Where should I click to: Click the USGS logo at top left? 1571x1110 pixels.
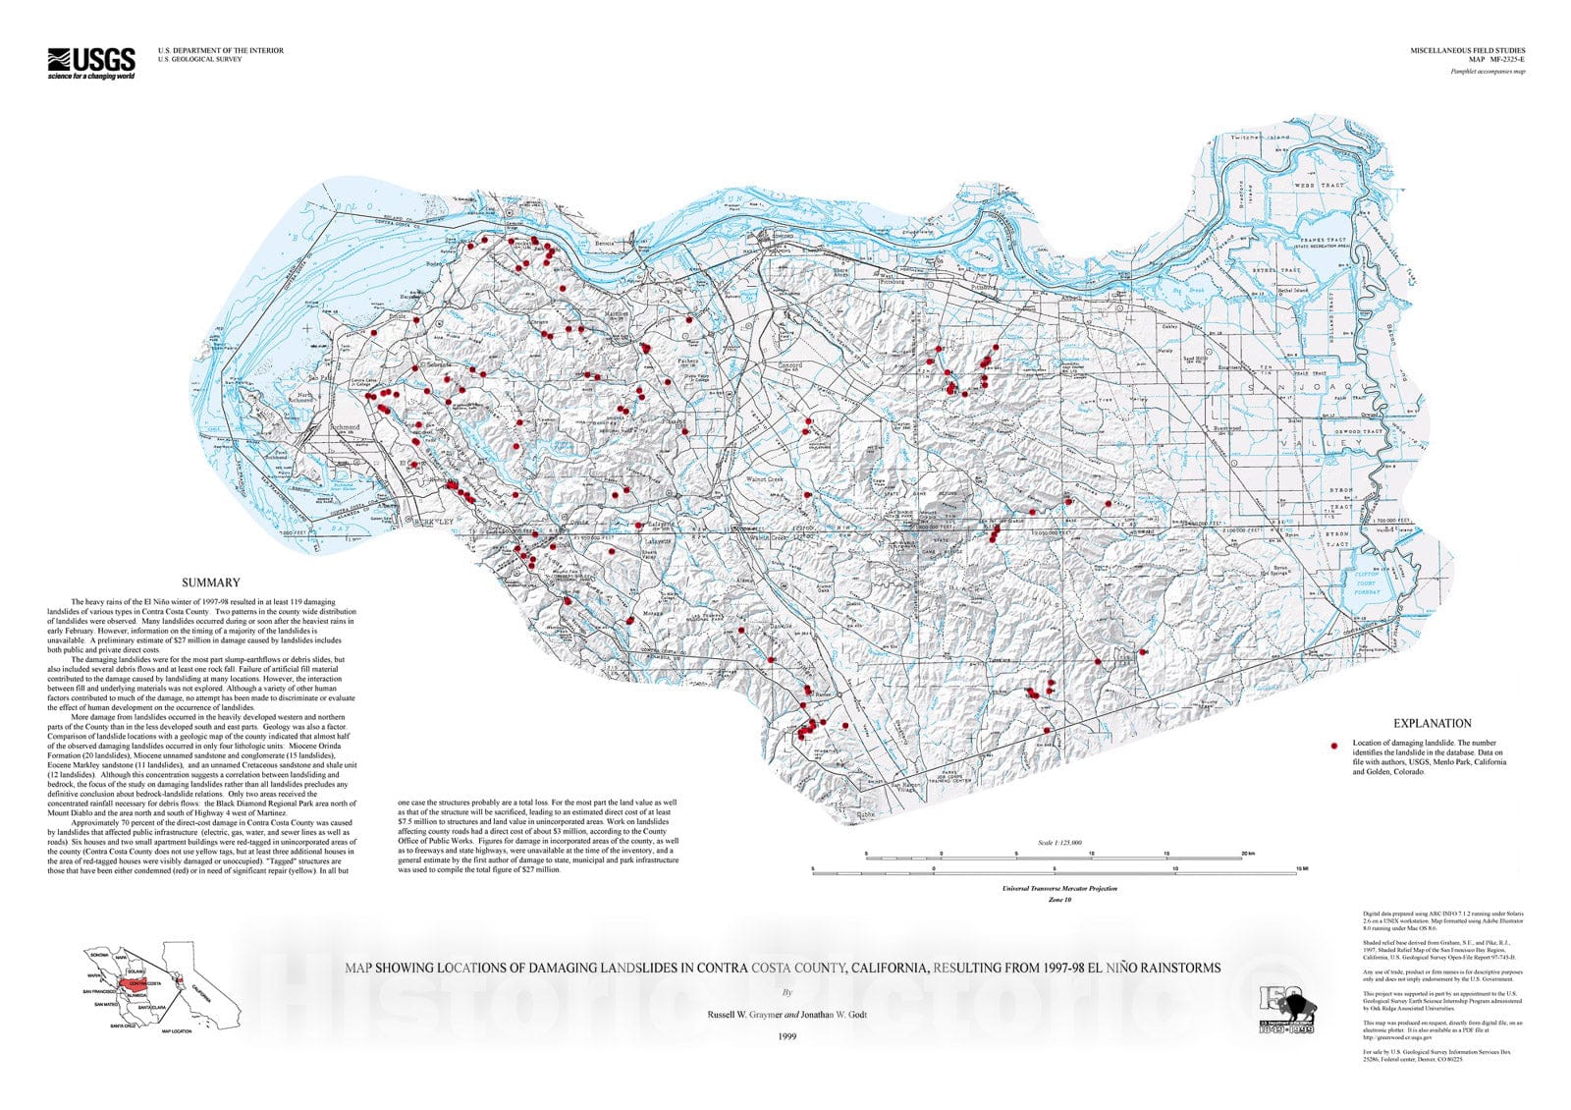tap(91, 63)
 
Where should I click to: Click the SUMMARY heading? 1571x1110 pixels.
tap(210, 583)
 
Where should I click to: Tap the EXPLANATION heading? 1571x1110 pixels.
tap(1432, 723)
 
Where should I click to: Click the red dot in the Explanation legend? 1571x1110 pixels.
tap(1334, 747)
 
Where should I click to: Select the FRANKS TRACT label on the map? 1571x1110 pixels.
tap(1325, 241)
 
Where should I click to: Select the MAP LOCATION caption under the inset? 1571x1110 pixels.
tap(178, 1031)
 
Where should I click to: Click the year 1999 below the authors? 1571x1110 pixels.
tap(786, 1036)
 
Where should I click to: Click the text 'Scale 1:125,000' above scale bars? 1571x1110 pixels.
tap(1059, 842)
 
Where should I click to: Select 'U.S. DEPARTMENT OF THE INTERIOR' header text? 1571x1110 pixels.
tap(221, 50)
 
